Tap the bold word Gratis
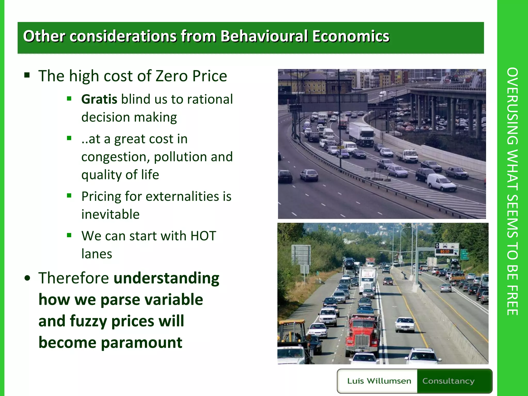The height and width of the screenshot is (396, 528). pos(99,99)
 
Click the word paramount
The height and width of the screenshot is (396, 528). pos(141,343)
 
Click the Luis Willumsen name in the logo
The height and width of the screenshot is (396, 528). pos(379,381)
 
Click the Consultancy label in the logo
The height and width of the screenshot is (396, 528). pos(448,381)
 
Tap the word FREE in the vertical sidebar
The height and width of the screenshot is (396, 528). pos(512,300)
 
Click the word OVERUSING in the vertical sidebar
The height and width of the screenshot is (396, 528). pos(512,106)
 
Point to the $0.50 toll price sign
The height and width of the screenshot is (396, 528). pos(445,251)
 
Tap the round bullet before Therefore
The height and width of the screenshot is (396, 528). pos(27,278)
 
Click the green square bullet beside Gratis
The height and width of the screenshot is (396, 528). pos(69,99)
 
